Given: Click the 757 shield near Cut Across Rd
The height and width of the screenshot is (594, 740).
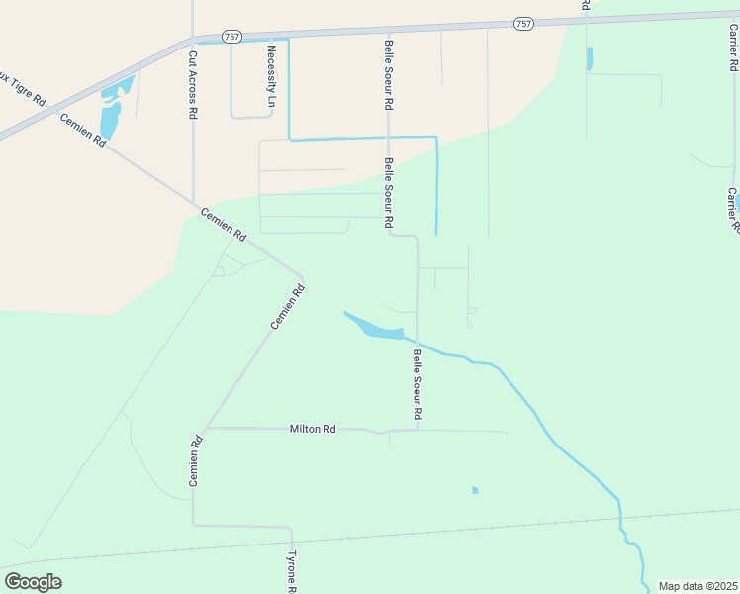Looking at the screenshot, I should (x=231, y=36).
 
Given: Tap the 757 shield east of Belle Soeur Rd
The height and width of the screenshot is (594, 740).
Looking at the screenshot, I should (x=523, y=23).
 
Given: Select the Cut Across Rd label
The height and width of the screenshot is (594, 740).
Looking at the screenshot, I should (x=193, y=85).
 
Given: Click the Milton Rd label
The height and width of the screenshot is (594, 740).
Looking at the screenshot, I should (x=313, y=429).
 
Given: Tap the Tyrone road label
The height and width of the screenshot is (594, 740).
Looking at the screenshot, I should (x=292, y=571).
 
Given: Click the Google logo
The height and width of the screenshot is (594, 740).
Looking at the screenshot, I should (x=33, y=582).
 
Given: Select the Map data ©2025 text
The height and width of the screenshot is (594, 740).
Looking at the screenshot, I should (x=698, y=586).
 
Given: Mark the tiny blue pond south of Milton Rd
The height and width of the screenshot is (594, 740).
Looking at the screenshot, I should (x=475, y=490).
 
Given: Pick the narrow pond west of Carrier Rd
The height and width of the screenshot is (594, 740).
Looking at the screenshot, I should (x=590, y=58).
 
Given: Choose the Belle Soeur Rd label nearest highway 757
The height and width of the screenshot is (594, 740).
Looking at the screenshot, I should (x=389, y=74).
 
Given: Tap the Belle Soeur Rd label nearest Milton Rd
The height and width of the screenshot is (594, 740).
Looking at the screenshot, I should (x=418, y=384).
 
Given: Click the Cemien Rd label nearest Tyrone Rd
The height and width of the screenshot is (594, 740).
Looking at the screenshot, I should (x=196, y=461).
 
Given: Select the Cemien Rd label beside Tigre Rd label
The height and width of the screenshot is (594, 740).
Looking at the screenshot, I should (x=83, y=130).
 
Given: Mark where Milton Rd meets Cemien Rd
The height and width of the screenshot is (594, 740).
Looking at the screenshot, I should (x=205, y=429).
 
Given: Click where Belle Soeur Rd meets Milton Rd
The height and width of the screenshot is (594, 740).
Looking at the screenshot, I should (x=418, y=430).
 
